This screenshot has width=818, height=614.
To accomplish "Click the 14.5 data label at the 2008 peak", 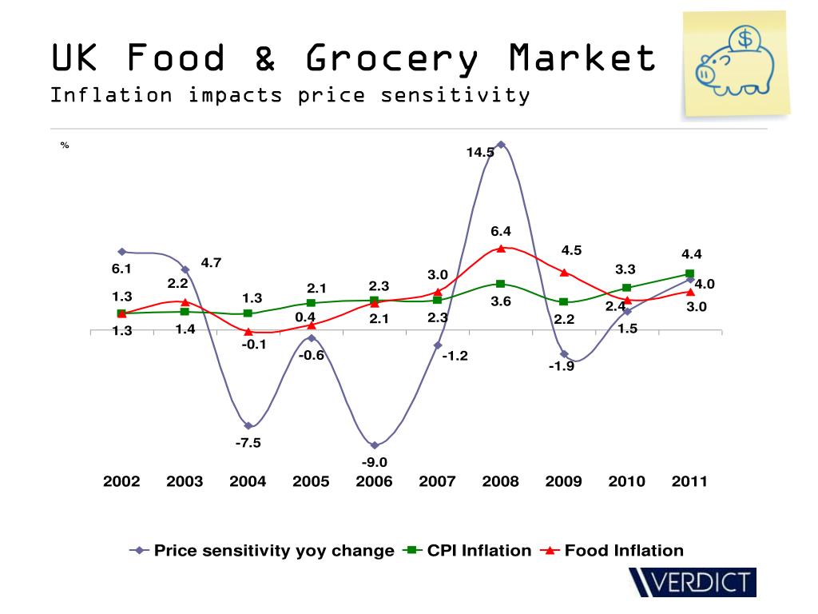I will [x=480, y=153].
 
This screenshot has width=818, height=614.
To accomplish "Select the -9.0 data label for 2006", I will [x=374, y=462].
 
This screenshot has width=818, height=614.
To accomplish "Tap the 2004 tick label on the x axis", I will [x=248, y=481].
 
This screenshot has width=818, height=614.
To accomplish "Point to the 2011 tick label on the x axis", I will [x=689, y=481].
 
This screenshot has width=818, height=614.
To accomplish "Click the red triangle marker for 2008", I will [x=501, y=248].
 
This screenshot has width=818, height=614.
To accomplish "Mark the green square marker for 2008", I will [x=500, y=284].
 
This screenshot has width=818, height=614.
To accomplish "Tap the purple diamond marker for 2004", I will [x=248, y=425].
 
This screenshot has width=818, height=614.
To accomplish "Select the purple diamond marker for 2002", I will [x=122, y=252].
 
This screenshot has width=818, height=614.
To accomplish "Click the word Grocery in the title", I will [x=391, y=58].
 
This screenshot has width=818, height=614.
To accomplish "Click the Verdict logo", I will [x=692, y=581].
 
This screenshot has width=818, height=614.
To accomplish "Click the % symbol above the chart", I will [x=65, y=146].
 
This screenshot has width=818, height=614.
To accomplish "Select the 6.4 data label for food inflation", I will [x=501, y=231].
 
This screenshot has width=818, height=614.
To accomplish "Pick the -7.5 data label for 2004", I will [x=248, y=442].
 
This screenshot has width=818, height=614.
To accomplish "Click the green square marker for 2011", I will [x=689, y=274].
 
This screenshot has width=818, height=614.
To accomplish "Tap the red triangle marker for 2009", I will [x=564, y=273].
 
